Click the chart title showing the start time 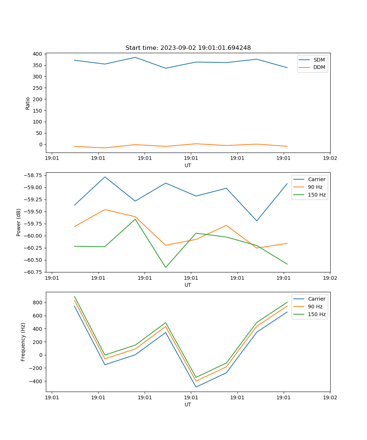pyautogui.click(x=188, y=48)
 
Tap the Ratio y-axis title pyautogui.click(x=28, y=103)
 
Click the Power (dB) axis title pyautogui.click(x=19, y=222)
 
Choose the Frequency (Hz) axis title pyautogui.click(x=23, y=342)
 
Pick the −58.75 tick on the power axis pyautogui.click(x=33, y=175)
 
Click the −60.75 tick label pyautogui.click(x=33, y=272)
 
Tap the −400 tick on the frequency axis pyautogui.click(x=37, y=381)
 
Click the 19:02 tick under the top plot pyautogui.click(x=330, y=159)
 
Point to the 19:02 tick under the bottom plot pyautogui.click(x=330, y=398)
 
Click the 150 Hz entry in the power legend pyautogui.click(x=317, y=195)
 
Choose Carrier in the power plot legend pyautogui.click(x=317, y=179)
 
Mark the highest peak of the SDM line pyautogui.click(x=135, y=57)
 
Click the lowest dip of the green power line pyautogui.click(x=166, y=267)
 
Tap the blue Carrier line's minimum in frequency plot pyautogui.click(x=196, y=387)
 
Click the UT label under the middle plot pyautogui.click(x=188, y=285)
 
